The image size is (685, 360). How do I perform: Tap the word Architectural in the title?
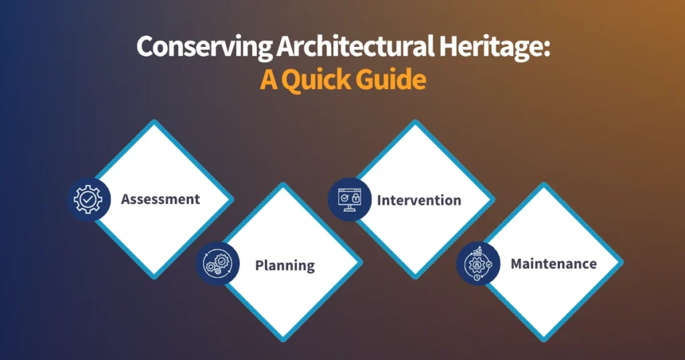[x=355, y=46]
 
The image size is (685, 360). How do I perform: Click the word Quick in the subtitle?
[x=316, y=80]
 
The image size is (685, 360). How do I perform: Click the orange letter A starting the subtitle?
[x=269, y=80]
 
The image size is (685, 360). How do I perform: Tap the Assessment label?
[x=161, y=199]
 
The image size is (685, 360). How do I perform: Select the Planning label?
[x=285, y=266]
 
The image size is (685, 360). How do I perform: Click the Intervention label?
[x=419, y=200]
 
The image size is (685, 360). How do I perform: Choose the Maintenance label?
[x=553, y=264]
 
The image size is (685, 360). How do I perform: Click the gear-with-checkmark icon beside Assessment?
[x=89, y=199]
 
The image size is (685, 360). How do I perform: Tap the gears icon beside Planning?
[x=217, y=264]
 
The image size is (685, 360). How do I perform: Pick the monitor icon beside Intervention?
[x=349, y=199]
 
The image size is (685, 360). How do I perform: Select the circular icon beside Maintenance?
[x=478, y=264]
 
